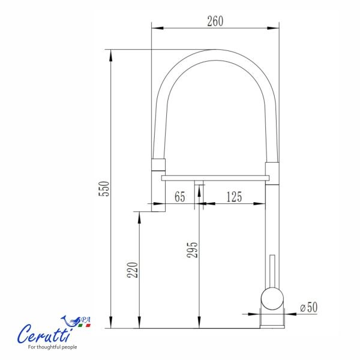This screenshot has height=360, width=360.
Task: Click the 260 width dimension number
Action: click(215, 21)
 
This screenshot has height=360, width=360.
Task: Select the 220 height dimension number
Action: click(133, 270)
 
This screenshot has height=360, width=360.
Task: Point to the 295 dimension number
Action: click(192, 250)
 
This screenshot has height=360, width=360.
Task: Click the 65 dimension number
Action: click(180, 197)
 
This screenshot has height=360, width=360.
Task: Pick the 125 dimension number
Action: click(234, 197)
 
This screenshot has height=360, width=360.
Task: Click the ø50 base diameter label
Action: click(309, 307)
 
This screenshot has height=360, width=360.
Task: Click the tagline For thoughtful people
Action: click(52, 347)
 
